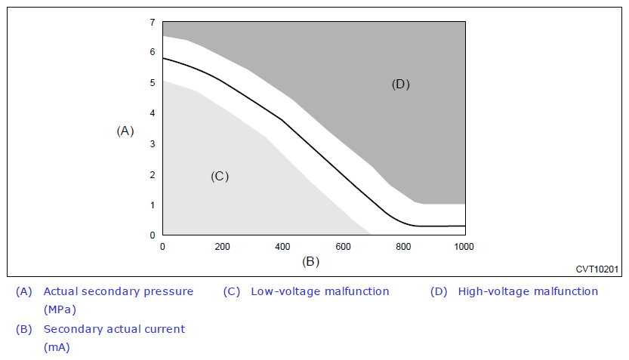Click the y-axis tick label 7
click(x=153, y=22)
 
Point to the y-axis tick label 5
click(x=153, y=83)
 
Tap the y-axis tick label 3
click(x=153, y=144)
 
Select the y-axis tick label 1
click(x=153, y=205)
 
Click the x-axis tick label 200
click(x=224, y=246)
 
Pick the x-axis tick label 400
click(x=284, y=246)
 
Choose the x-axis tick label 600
click(x=344, y=246)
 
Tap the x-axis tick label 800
click(x=404, y=246)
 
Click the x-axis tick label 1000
click(x=464, y=246)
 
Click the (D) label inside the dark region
click(x=400, y=84)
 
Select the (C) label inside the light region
click(x=219, y=176)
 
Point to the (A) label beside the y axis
click(x=125, y=131)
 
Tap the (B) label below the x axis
click(x=310, y=262)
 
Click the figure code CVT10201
click(x=597, y=269)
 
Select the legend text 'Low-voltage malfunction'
click(x=320, y=291)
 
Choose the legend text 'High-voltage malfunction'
click(x=528, y=291)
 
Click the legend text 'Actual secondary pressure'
click(x=119, y=291)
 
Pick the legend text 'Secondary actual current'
click(x=114, y=329)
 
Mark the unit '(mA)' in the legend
click(x=57, y=347)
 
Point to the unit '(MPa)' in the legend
click(x=60, y=309)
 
